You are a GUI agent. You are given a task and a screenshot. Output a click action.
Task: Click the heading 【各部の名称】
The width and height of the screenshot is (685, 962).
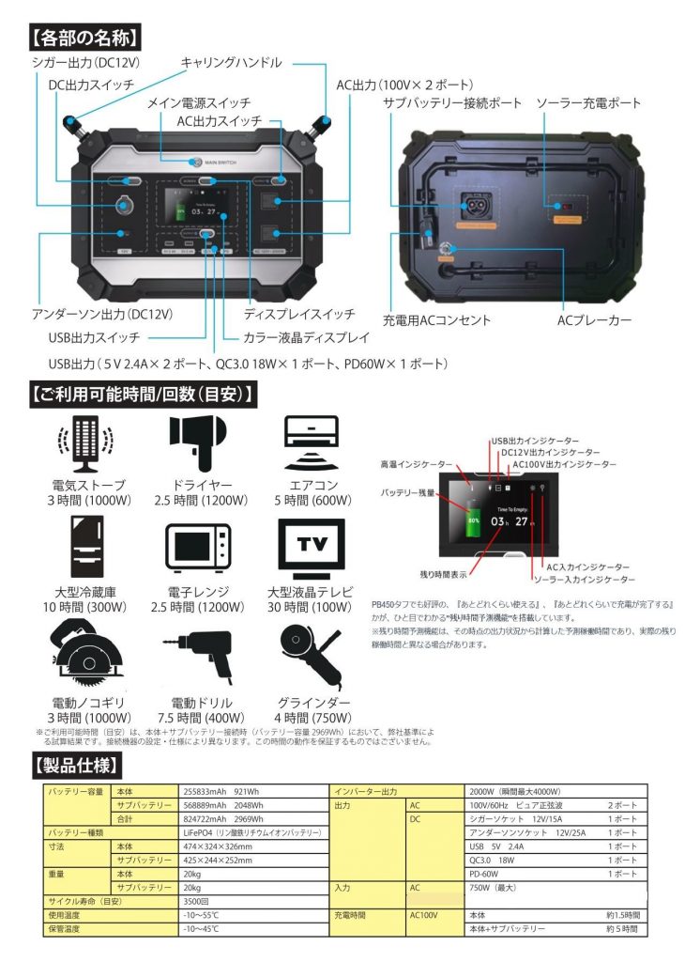point(85,39)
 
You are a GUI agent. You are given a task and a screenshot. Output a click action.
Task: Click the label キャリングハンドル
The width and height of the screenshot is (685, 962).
point(231,63)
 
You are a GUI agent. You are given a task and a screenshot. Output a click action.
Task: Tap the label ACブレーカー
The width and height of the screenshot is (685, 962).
point(593,320)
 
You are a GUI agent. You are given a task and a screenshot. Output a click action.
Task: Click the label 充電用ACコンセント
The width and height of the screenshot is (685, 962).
point(436,320)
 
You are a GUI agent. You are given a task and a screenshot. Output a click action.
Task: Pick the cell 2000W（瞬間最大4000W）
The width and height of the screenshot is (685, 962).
point(516,791)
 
